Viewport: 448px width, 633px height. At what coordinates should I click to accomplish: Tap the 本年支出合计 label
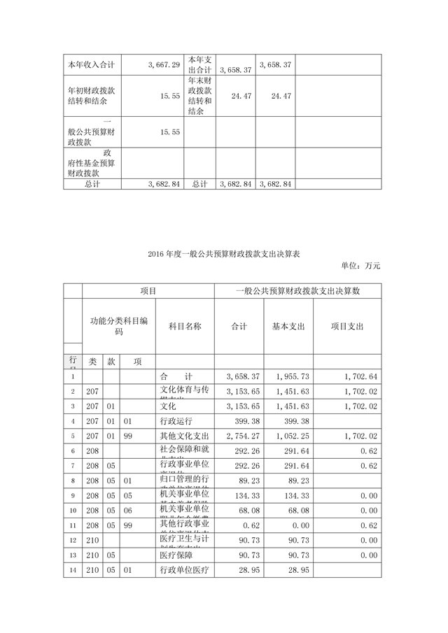(199, 65)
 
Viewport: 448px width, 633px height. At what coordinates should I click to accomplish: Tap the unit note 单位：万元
(360, 266)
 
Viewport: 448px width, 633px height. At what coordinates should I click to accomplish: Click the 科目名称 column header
(185, 327)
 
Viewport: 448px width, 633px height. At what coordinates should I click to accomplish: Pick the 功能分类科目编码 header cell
(118, 327)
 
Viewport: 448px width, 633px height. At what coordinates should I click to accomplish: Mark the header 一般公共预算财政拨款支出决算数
(297, 290)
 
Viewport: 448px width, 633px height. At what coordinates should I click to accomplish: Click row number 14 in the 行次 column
(72, 571)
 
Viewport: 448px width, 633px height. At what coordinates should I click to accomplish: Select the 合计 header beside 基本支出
(239, 327)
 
